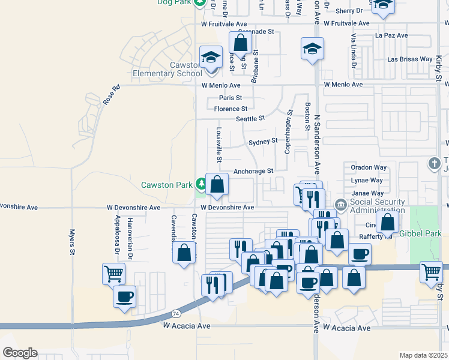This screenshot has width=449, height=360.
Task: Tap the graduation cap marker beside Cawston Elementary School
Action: [211, 58]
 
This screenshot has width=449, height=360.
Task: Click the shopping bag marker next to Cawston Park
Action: [217, 185]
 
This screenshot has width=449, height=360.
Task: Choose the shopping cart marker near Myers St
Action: [113, 274]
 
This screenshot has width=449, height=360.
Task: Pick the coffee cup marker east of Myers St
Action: [124, 296]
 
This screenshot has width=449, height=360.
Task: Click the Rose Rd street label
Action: [112, 95]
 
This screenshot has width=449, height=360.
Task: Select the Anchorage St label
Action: [253, 171]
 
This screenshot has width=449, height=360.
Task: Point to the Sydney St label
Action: [263, 141]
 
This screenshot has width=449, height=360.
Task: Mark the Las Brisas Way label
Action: [410, 59]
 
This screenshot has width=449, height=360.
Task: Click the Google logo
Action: [20, 353]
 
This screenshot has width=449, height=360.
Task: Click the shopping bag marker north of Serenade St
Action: [240, 43]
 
